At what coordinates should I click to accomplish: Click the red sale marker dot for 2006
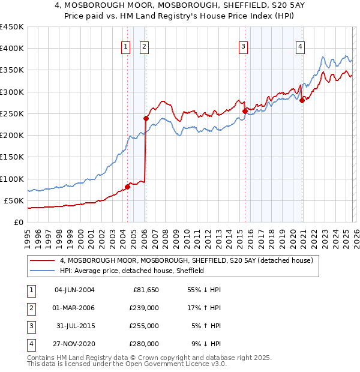(146, 118)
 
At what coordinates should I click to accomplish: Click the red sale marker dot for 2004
(127, 187)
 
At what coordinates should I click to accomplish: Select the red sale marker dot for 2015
(245, 111)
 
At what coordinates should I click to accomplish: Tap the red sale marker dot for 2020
(302, 100)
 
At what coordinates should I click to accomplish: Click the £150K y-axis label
(11, 157)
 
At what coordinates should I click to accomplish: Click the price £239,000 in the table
(145, 308)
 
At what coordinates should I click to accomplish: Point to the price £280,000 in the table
(145, 344)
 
